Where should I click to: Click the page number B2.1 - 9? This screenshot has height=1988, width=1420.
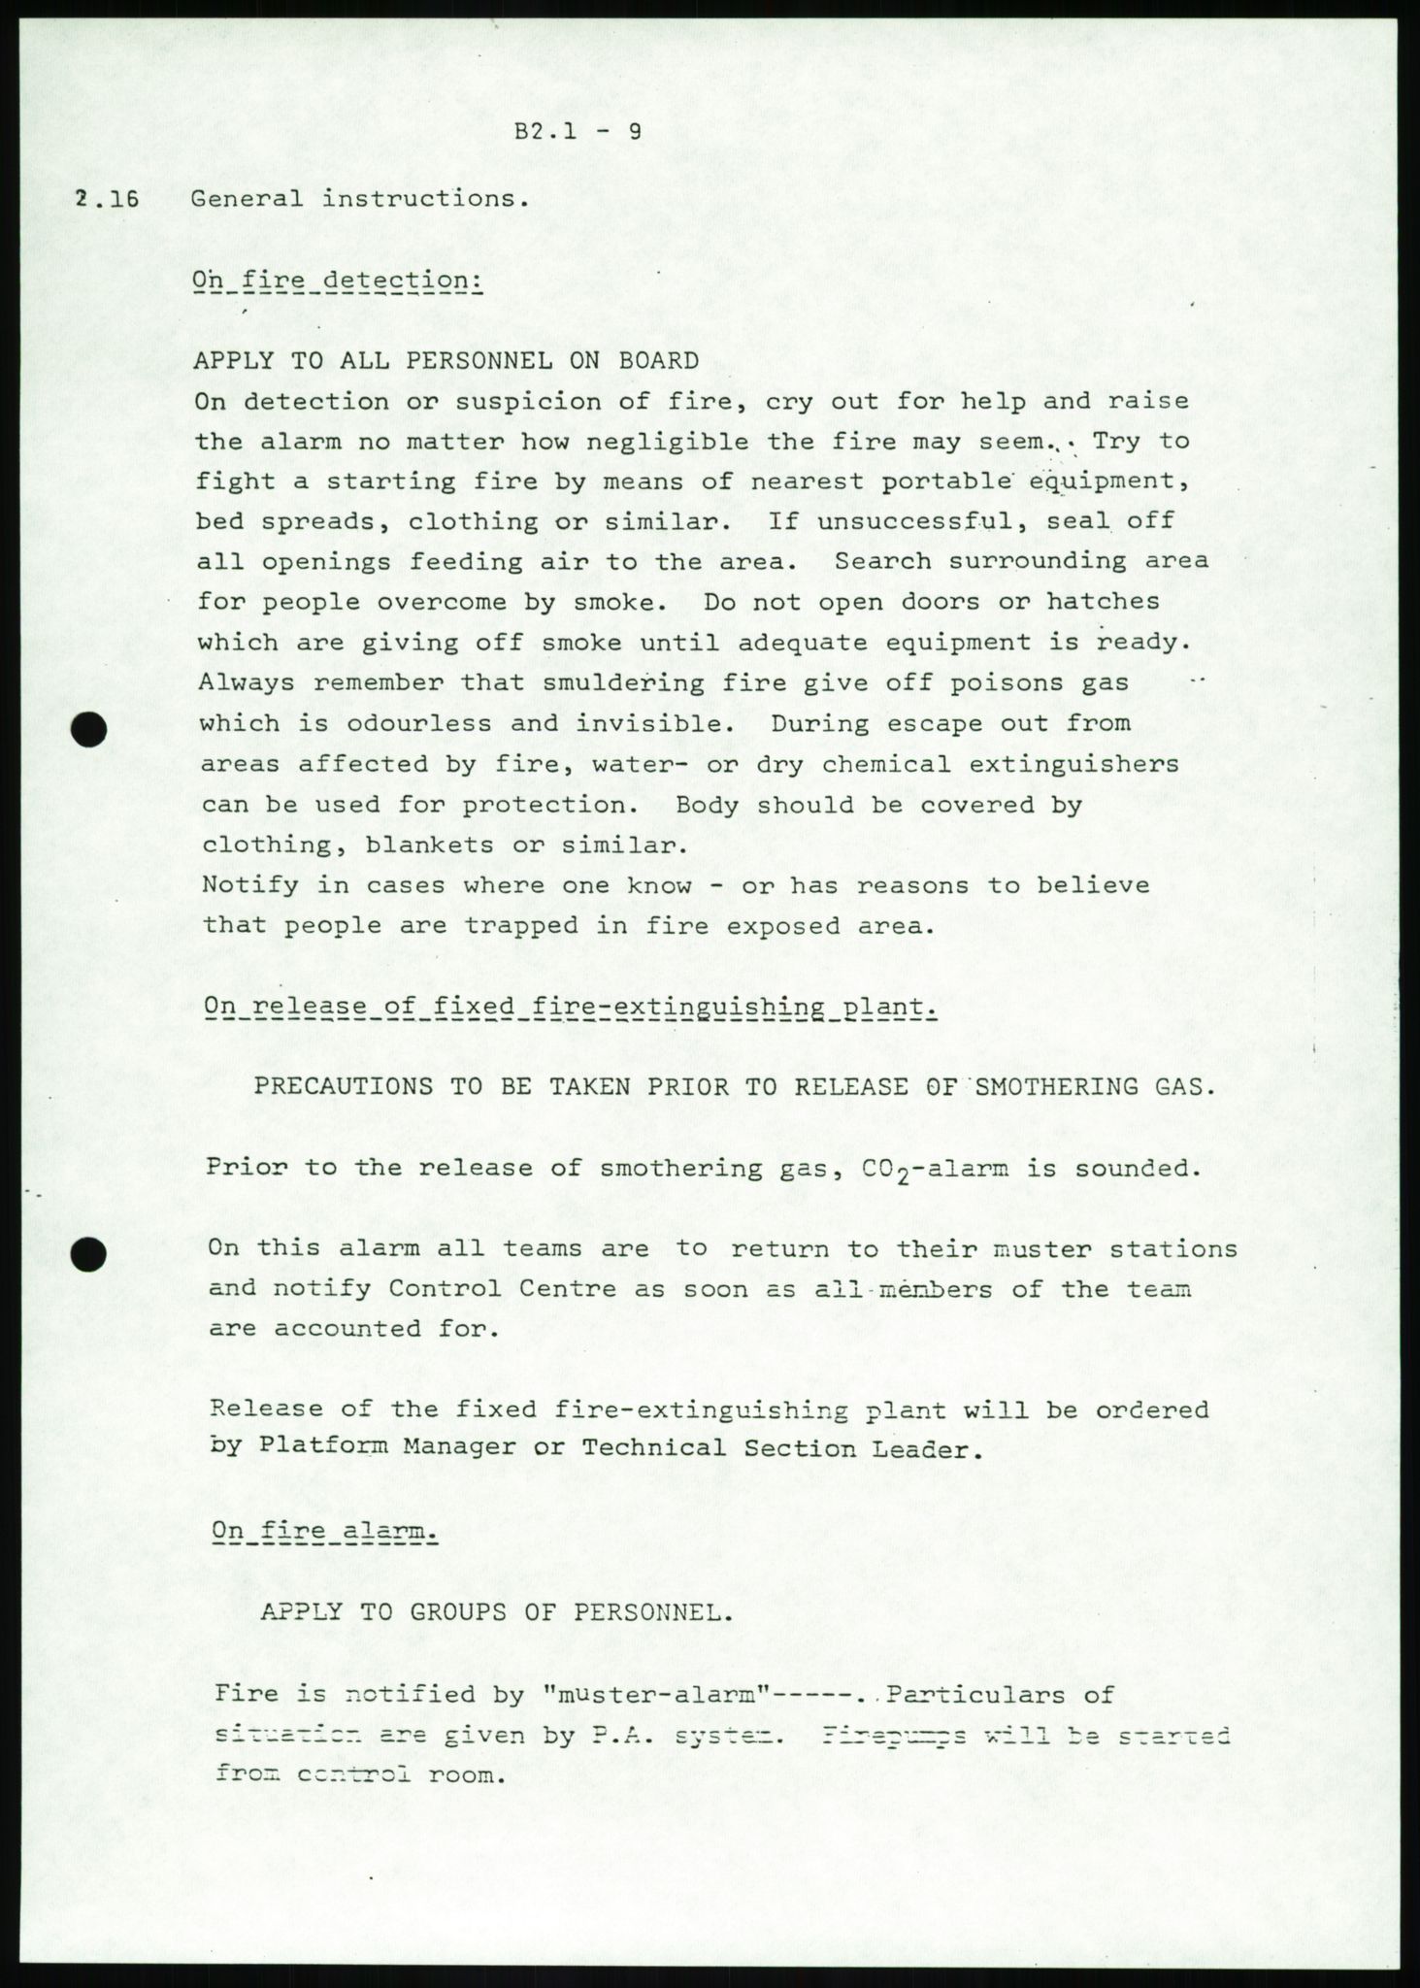(x=578, y=131)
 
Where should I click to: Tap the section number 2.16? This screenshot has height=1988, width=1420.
(x=107, y=200)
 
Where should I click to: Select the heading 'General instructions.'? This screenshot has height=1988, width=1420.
(x=360, y=199)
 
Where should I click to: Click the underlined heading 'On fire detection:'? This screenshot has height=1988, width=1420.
(x=337, y=281)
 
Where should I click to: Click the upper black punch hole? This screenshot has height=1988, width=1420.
(x=90, y=730)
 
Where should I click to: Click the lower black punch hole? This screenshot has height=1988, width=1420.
(x=89, y=1255)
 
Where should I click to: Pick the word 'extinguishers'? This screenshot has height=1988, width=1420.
(x=1074, y=764)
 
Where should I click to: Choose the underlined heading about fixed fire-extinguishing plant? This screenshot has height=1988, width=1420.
(x=571, y=1006)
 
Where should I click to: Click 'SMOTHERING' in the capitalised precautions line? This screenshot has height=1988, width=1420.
(x=1056, y=1086)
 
